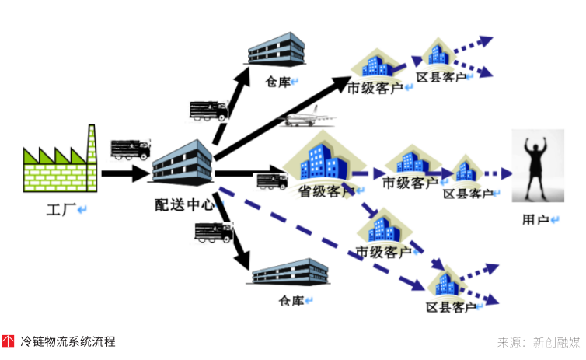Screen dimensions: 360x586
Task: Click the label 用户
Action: point(536,220)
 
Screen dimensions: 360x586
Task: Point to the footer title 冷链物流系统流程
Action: point(68,341)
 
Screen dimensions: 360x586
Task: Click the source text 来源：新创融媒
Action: point(538,342)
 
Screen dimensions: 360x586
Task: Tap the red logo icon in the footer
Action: point(8,341)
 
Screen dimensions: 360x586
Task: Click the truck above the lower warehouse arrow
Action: point(213,231)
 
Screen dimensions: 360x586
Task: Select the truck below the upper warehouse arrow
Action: point(208,110)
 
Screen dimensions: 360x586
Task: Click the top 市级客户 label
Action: point(375,87)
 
